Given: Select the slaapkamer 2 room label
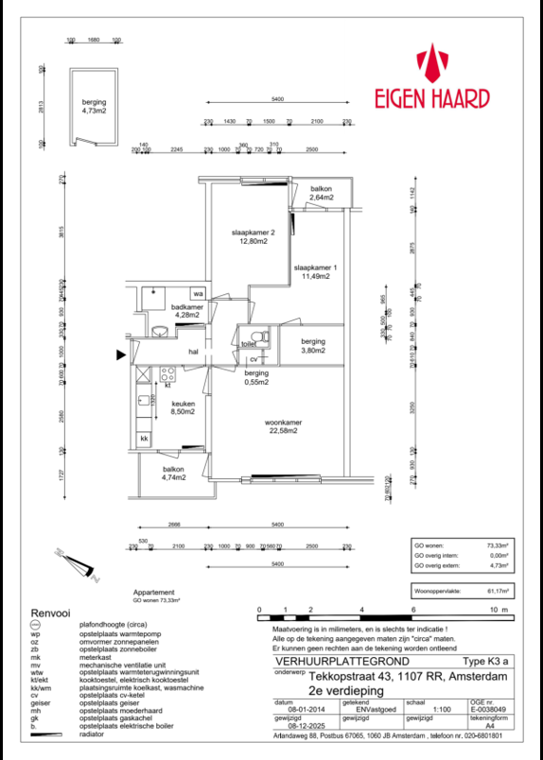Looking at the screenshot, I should click(254, 237).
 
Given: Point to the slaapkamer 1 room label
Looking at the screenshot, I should click(314, 271).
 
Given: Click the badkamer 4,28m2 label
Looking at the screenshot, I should click(186, 311).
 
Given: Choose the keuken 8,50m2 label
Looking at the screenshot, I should click(182, 407).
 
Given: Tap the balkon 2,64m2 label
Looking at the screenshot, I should click(324, 194).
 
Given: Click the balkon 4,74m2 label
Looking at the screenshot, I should click(172, 475).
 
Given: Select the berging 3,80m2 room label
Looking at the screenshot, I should click(313, 346).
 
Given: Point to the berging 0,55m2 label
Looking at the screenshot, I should click(253, 379).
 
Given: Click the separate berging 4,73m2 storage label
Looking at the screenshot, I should click(94, 106).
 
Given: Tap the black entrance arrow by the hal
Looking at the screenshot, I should click(120, 355).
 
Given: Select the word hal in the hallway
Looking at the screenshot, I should click(192, 352).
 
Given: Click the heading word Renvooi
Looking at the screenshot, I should click(50, 613).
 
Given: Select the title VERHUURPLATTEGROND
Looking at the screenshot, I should click(316, 662).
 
